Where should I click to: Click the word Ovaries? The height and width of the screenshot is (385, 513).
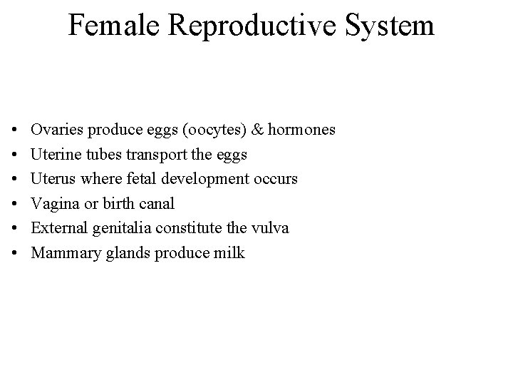point(55,130)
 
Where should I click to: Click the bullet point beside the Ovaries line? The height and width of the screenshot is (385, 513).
point(15,130)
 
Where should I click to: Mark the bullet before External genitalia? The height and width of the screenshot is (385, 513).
point(15,228)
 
